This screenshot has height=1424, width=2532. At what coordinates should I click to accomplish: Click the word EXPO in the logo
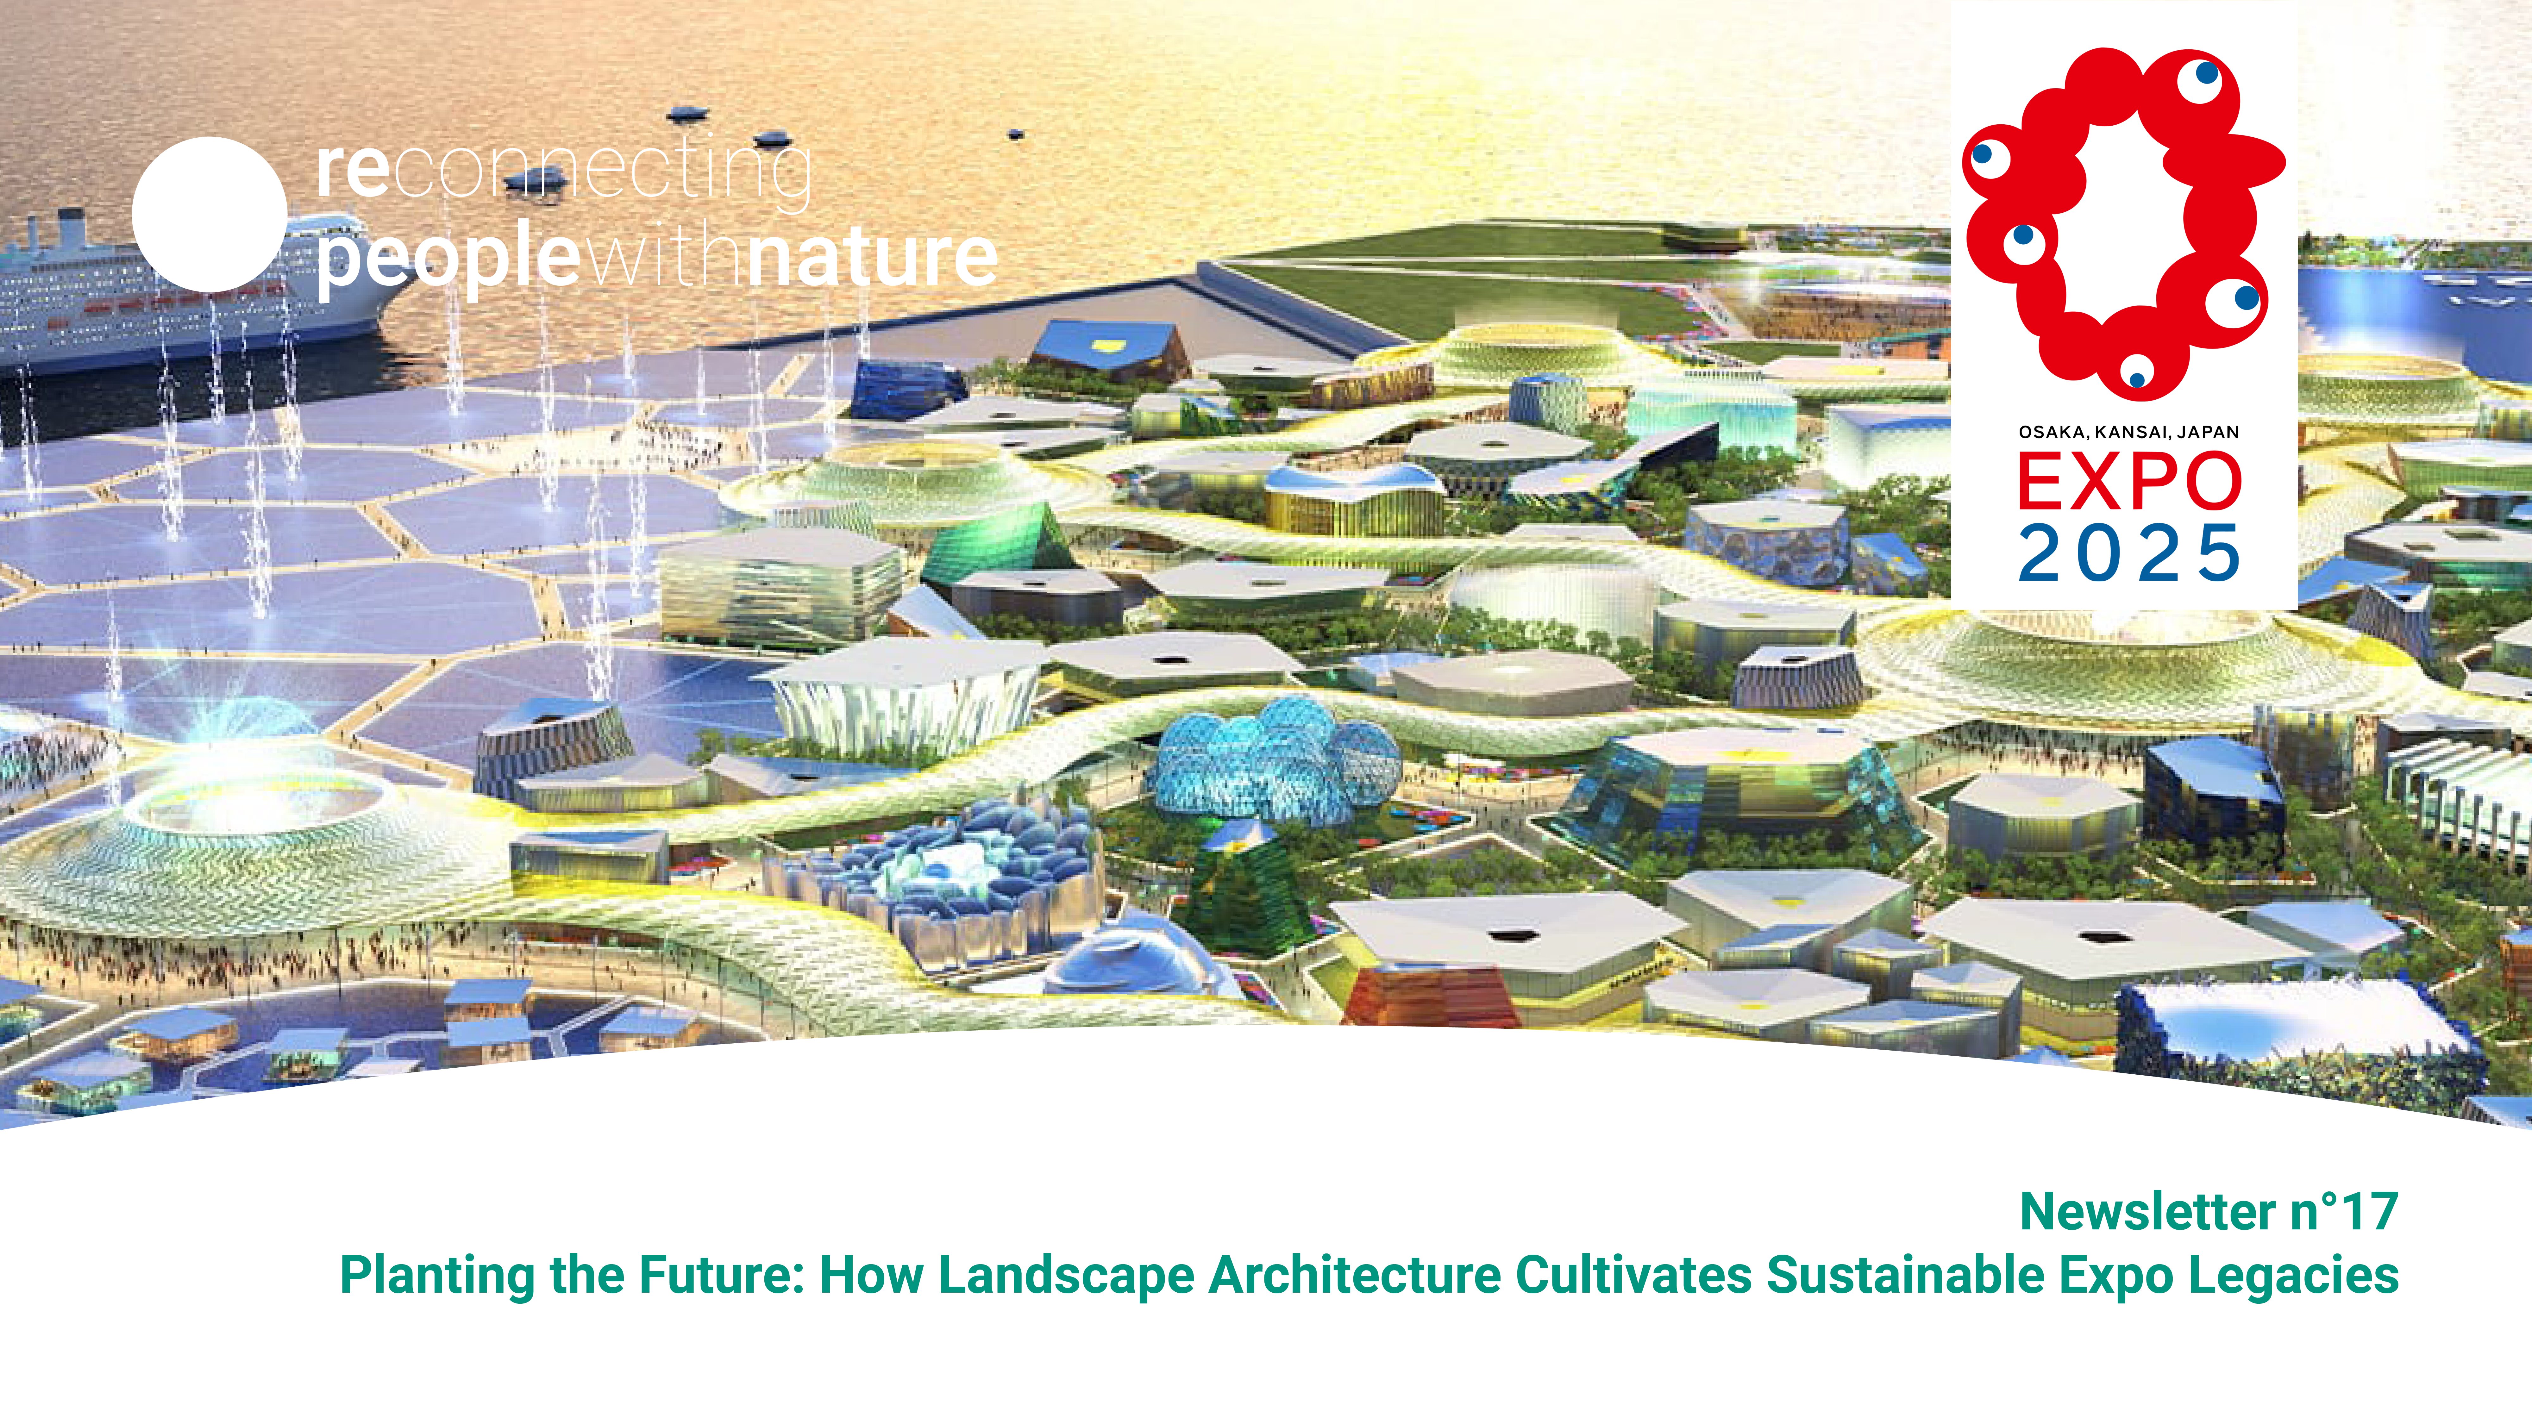(x=2129, y=482)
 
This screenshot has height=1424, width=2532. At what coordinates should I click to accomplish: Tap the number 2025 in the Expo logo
(x=2129, y=552)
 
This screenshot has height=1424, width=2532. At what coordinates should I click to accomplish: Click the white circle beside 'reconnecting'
(x=209, y=214)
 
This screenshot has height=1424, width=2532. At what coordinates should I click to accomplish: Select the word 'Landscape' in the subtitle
(x=1067, y=1276)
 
